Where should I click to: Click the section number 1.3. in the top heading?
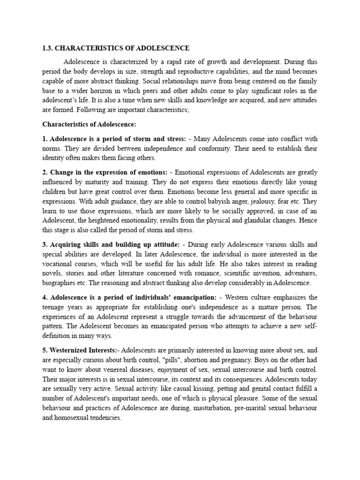point(48,48)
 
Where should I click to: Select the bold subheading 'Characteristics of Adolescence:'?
point(89,124)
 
